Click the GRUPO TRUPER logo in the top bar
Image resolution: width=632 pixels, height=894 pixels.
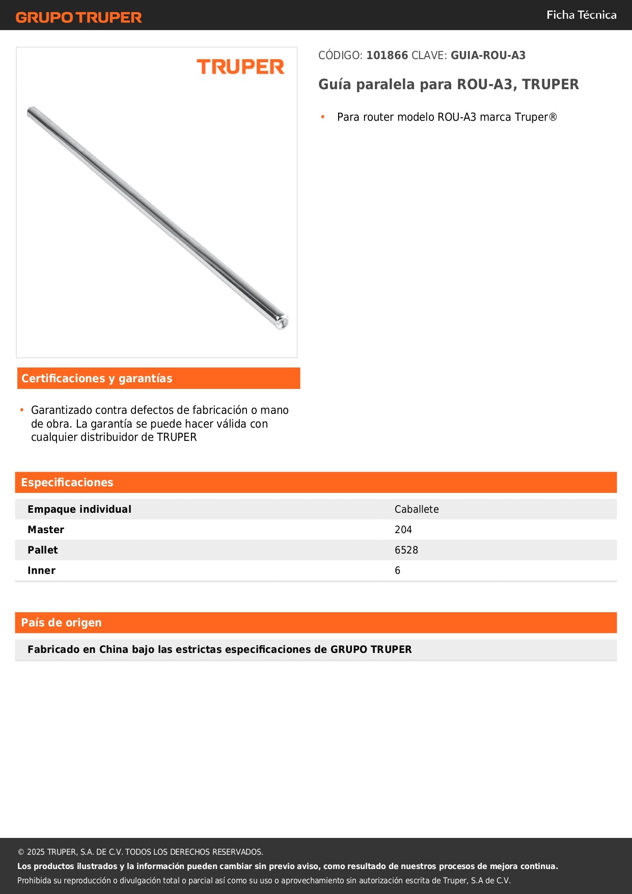point(78,17)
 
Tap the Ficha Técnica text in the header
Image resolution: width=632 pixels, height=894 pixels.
point(581,15)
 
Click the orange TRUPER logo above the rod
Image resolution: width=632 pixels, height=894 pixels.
point(240,67)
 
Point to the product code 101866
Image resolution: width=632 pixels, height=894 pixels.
point(387,56)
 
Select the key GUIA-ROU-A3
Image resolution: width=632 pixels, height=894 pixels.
point(488,56)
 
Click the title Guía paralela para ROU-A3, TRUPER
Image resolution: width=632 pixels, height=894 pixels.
point(448,85)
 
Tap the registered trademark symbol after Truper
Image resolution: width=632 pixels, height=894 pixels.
point(553,117)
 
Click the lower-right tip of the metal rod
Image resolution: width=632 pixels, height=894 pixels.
point(282,322)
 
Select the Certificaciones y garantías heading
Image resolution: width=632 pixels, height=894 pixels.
point(97,378)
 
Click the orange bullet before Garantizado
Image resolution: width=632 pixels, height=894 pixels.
point(22,410)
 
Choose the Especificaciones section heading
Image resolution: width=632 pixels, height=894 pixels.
point(67,482)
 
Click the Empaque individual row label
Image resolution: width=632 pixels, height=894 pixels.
point(79,509)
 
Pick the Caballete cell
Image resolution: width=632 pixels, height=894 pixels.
point(417,509)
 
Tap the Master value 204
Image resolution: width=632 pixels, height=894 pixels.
point(403,530)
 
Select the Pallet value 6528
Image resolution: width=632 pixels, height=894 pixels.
point(406,550)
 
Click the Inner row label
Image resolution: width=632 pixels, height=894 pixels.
point(41,570)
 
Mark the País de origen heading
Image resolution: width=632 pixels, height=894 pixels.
point(61,622)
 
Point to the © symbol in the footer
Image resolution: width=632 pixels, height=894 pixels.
point(21,852)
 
